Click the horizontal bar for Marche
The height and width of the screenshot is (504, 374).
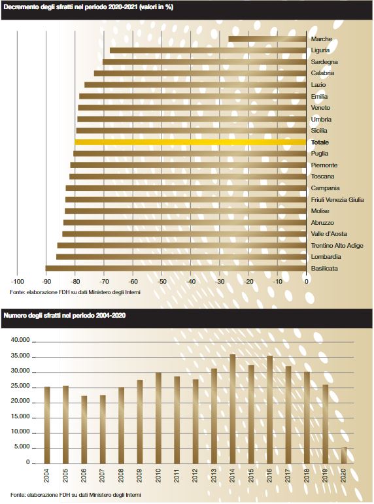[x=267, y=39]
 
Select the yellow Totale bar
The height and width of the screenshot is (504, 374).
[x=190, y=142]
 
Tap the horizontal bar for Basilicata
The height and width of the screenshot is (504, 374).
[x=176, y=269]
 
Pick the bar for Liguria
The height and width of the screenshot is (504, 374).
[x=208, y=50]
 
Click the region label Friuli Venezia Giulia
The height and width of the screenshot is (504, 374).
[x=337, y=199]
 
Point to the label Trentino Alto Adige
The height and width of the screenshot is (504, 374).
[x=337, y=246]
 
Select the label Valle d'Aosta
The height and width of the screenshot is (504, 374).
[x=329, y=234]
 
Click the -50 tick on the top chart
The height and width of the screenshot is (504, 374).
[x=161, y=282]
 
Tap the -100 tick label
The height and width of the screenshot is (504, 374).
[x=18, y=282]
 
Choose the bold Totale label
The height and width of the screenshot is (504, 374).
[x=320, y=142]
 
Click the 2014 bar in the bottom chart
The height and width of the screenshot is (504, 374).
[x=233, y=409]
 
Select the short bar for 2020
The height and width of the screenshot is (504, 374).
[x=344, y=456]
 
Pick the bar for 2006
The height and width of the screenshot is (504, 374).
[x=84, y=429]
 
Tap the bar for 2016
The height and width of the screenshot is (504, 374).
[x=269, y=409]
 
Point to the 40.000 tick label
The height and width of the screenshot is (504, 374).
[x=20, y=340]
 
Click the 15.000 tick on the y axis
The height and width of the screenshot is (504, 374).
[x=20, y=416]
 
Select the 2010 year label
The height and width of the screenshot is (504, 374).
[x=158, y=475]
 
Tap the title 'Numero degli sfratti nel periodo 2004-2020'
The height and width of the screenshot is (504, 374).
[x=64, y=315]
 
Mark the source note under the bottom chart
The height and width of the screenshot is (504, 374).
[x=75, y=495]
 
